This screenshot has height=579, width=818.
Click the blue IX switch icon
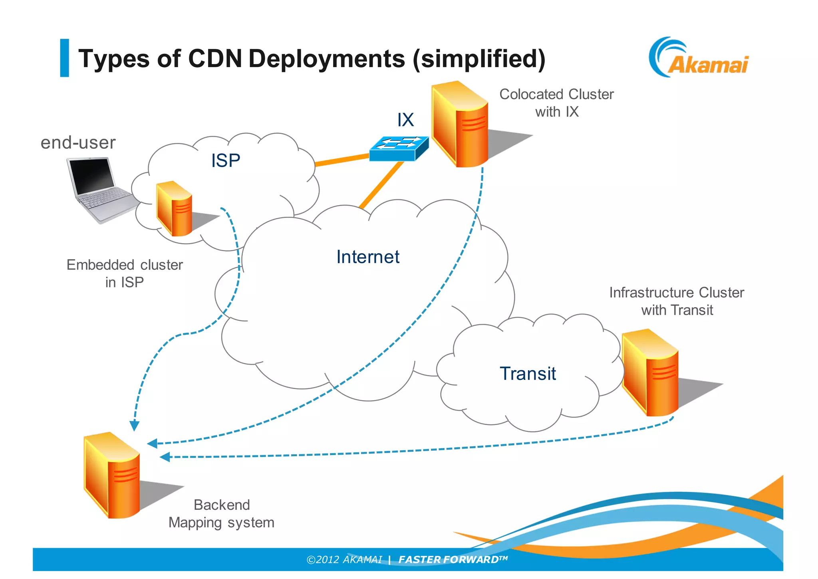tap(398, 149)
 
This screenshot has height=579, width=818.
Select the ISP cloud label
tap(226, 161)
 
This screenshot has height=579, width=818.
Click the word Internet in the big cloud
tap(367, 257)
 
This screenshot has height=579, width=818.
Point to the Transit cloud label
tap(528, 374)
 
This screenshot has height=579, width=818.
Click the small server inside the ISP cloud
tap(175, 209)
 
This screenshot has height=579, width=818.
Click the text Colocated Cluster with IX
tap(556, 103)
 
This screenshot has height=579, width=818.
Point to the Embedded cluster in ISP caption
tap(125, 274)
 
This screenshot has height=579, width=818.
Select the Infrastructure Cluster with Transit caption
tap(677, 301)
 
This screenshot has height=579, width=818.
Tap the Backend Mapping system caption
tap(221, 514)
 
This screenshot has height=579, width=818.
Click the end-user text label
tap(78, 143)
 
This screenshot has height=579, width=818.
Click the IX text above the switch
tap(405, 120)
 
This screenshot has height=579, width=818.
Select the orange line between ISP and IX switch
tap(342, 160)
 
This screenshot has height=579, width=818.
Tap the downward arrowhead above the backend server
tap(135, 425)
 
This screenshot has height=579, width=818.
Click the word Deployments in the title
tap(327, 59)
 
